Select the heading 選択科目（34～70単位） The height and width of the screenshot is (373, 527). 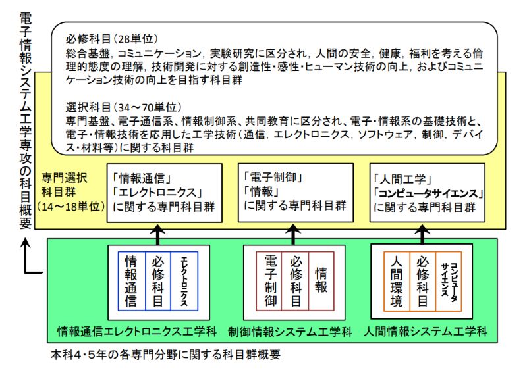click(124, 107)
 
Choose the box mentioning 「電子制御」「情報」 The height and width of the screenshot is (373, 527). click(292, 191)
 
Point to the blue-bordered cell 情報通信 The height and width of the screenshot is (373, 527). click(131, 280)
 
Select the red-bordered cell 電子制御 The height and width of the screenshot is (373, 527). click(269, 280)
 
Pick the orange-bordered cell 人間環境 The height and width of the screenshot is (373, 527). click(397, 280)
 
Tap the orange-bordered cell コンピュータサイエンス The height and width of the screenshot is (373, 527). click(448, 280)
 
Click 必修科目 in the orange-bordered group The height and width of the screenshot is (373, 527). click(422, 280)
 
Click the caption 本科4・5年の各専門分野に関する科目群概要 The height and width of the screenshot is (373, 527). click(166, 355)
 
